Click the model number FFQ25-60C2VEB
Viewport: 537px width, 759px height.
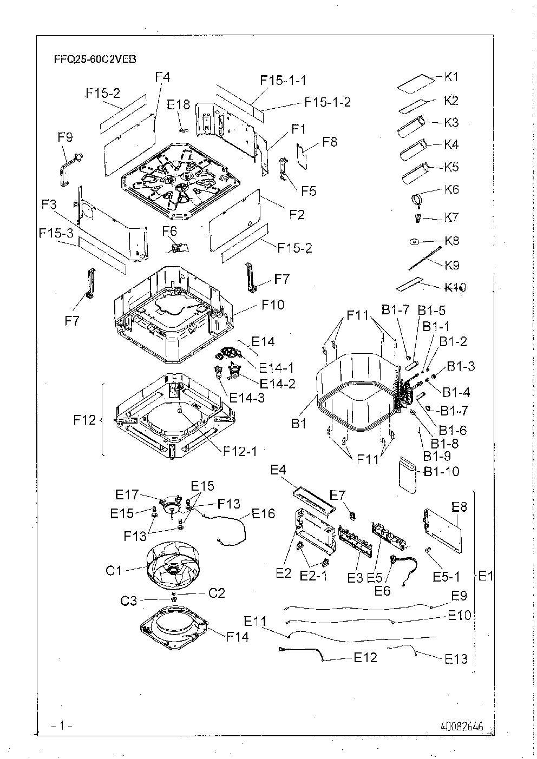click(x=95, y=60)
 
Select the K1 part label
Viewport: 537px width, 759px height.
click(x=451, y=77)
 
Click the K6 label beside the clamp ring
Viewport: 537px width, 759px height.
click(x=451, y=189)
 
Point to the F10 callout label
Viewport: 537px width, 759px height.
click(x=273, y=305)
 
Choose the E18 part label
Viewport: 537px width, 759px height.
click(x=179, y=105)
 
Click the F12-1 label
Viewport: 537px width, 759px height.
click(x=240, y=451)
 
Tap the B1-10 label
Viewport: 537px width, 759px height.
click(x=442, y=471)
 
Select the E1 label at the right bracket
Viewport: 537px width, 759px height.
click(x=486, y=576)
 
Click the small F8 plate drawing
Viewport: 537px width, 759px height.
click(x=302, y=155)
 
